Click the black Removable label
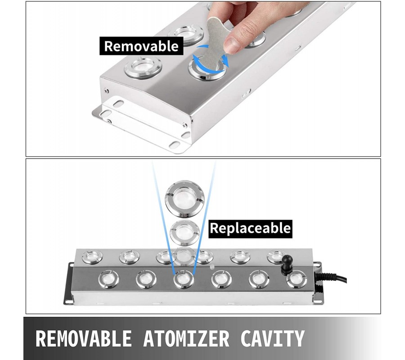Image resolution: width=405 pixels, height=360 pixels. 141,46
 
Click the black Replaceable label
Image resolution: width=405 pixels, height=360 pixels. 250,229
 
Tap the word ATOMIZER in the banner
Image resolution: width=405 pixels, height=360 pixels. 186,338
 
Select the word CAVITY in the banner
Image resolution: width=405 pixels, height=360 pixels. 273,338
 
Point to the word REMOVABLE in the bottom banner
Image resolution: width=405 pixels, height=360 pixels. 83,338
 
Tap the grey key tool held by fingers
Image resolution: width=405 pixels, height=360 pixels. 215,44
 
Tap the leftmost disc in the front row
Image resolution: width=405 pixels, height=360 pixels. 109,279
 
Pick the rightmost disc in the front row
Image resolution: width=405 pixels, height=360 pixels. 297,279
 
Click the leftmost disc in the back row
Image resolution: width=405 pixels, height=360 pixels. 92,257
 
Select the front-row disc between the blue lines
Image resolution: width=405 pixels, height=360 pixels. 184,279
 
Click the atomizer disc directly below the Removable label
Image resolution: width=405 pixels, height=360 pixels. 143,67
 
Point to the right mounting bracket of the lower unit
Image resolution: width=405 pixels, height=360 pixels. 318,282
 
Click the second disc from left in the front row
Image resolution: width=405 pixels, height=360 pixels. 146,279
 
